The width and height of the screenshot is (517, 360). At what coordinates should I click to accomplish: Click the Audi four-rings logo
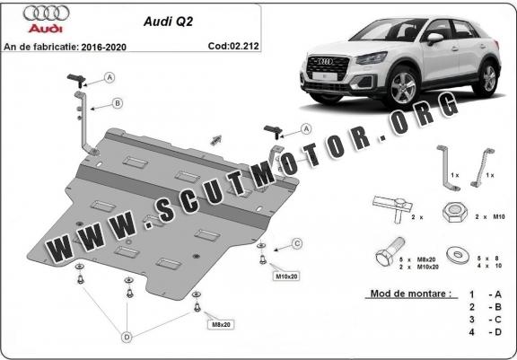46,13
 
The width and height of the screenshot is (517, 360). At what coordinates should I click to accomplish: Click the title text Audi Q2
168,22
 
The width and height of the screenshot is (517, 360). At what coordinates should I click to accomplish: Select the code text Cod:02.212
233,46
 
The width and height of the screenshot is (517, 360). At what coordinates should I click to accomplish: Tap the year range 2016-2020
104,48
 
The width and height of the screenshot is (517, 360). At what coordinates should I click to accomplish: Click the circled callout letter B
117,103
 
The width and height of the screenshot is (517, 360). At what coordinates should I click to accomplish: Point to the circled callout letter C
297,243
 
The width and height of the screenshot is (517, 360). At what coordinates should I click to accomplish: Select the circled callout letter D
127,338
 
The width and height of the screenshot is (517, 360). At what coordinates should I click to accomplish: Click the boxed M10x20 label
286,277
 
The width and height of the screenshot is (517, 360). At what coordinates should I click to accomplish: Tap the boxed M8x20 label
221,325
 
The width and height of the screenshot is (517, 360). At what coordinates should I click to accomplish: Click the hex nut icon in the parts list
455,212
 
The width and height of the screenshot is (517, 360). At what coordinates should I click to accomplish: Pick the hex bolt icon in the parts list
390,252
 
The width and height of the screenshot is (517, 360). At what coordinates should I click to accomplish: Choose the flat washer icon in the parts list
458,255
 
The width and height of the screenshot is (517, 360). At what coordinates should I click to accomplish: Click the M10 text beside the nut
499,217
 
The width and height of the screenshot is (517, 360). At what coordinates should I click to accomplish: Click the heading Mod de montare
410,294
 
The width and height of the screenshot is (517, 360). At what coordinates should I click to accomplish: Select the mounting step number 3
472,319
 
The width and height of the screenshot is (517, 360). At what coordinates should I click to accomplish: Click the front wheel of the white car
403,86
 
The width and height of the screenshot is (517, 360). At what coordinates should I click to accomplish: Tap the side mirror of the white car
434,38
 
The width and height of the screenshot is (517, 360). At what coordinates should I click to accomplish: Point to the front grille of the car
328,67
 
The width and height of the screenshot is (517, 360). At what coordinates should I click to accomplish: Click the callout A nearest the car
306,129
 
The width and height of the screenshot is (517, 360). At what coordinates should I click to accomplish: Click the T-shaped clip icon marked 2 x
393,207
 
